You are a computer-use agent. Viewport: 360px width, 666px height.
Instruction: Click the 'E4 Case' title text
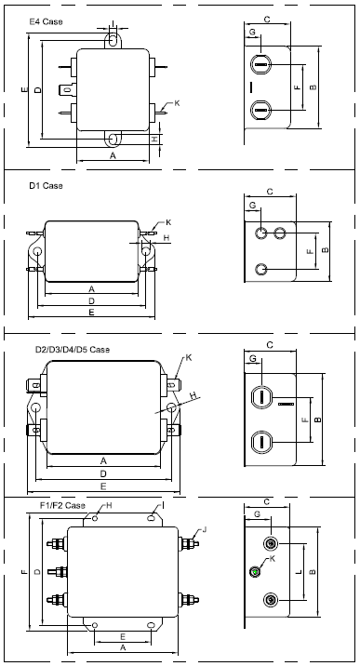pyautogui.click(x=46, y=21)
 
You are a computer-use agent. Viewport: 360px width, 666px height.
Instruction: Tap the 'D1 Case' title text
pyautogui.click(x=46, y=186)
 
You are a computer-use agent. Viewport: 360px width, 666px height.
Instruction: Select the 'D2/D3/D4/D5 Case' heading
pyautogui.click(x=73, y=350)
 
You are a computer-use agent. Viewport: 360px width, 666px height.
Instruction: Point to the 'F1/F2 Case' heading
pyautogui.click(x=62, y=505)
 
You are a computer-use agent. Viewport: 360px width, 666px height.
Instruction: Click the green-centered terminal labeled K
pyautogui.click(x=255, y=572)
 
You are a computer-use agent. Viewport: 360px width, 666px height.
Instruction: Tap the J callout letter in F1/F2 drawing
pyautogui.click(x=205, y=529)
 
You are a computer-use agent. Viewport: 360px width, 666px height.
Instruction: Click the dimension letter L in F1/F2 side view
pyautogui.click(x=299, y=572)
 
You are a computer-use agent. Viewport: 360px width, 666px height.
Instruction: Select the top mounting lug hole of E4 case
pyautogui.click(x=113, y=40)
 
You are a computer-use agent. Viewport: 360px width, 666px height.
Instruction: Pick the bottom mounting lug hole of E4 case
pyautogui.click(x=113, y=139)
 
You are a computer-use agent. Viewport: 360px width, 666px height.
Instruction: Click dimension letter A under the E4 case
pyautogui.click(x=113, y=156)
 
